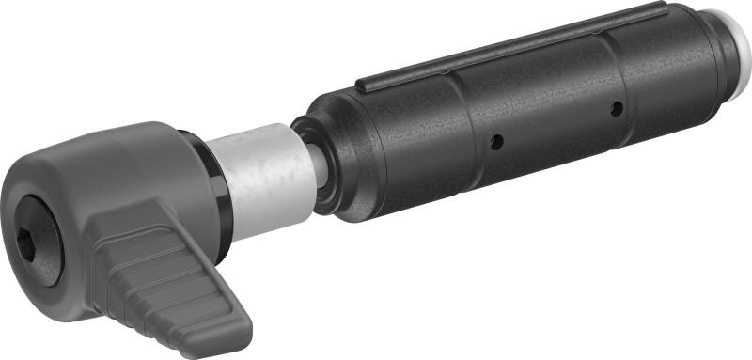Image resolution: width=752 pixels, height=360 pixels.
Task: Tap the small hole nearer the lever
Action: (496, 142)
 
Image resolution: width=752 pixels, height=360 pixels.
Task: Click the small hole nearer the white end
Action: (616, 109)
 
